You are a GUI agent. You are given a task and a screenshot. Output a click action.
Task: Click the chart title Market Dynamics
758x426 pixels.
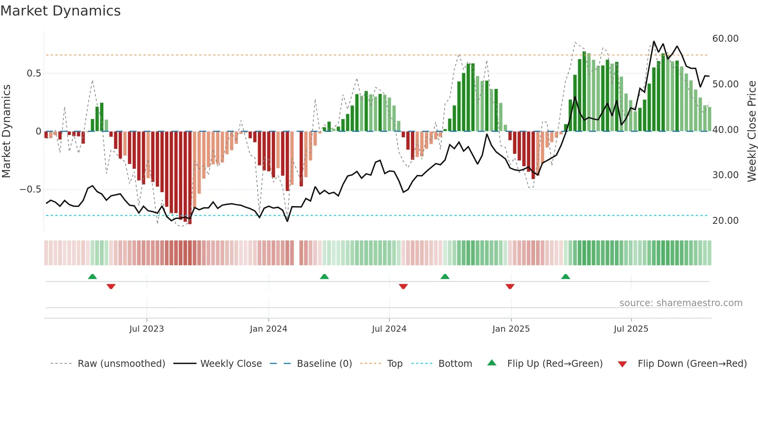pyautogui.click(x=60, y=11)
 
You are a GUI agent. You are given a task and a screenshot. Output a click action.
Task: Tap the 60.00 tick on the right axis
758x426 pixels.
pyautogui.click(x=725, y=39)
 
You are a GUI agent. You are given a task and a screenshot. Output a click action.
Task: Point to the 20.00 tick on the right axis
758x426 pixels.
pyautogui.click(x=725, y=221)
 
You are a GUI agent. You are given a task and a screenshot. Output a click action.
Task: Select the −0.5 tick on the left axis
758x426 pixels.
pyautogui.click(x=30, y=189)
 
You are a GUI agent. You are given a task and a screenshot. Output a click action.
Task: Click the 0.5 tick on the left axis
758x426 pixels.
pyautogui.click(x=34, y=73)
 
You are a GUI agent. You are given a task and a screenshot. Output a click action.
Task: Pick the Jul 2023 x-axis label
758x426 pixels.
pyautogui.click(x=147, y=329)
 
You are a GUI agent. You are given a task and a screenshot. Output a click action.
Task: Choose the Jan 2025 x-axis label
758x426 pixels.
pyautogui.click(x=511, y=329)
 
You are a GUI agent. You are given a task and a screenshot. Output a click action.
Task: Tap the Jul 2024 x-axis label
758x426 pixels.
pyautogui.click(x=389, y=329)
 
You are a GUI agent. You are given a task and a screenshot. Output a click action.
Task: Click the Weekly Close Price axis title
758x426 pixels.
pyautogui.click(x=751, y=131)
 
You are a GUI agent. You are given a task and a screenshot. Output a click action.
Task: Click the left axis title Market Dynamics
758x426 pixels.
pyautogui.click(x=6, y=131)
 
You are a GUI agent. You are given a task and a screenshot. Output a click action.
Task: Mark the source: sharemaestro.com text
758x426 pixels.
pyautogui.click(x=681, y=303)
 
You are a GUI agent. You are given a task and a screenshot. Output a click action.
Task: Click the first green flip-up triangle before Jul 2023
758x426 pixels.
pyautogui.click(x=92, y=276)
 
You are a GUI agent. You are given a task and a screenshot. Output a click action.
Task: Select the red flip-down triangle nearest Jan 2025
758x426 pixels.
pyautogui.click(x=510, y=286)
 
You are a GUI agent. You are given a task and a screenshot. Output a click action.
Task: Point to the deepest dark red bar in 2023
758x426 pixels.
pyautogui.click(x=190, y=178)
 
